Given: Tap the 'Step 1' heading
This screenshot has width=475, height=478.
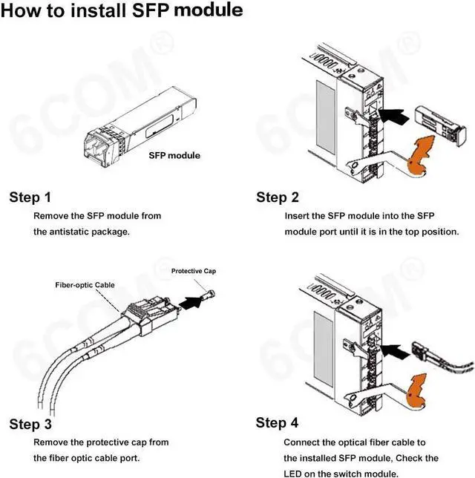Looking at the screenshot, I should (30, 197).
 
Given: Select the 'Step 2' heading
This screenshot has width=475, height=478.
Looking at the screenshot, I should (278, 197).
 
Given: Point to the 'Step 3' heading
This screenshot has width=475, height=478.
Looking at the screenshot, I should (30, 425).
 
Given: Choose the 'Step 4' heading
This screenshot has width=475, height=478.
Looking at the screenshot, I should (278, 423).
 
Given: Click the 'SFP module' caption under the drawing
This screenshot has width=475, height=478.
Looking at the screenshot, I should (174, 156).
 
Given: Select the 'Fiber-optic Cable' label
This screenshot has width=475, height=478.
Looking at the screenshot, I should (84, 285).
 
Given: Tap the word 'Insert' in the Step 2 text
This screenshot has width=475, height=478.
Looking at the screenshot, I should (298, 216).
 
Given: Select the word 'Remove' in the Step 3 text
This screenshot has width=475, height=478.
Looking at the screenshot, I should (50, 442).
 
